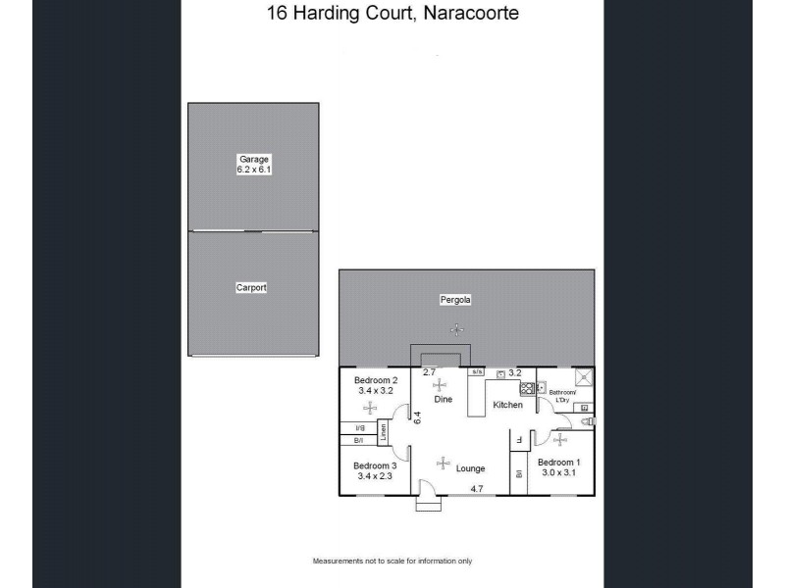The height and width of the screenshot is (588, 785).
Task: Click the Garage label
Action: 253,159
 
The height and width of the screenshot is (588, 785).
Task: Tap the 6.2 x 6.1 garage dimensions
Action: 253,170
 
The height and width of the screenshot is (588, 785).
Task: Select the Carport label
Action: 251,288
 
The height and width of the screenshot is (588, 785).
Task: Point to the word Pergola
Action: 456,300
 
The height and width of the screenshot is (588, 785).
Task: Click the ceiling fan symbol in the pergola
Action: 456,329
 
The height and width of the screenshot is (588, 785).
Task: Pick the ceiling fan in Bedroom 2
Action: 370,409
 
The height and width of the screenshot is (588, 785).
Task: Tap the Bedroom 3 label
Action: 375,465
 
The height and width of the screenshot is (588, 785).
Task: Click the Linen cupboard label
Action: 384,431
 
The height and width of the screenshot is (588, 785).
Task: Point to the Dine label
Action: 444,399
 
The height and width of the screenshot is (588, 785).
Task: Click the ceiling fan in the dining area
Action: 439,384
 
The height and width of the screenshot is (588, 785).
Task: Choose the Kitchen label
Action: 507,405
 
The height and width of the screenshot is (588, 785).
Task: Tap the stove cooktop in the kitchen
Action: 526,388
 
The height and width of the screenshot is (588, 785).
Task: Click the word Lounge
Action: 471,468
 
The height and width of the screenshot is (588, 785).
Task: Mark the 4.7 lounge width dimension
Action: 478,488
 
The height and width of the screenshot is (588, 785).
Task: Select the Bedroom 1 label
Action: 559,463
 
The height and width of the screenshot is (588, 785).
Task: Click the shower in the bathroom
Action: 582,377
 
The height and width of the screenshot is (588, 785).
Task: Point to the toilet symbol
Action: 589,422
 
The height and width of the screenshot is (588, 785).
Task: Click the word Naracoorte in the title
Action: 466,15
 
